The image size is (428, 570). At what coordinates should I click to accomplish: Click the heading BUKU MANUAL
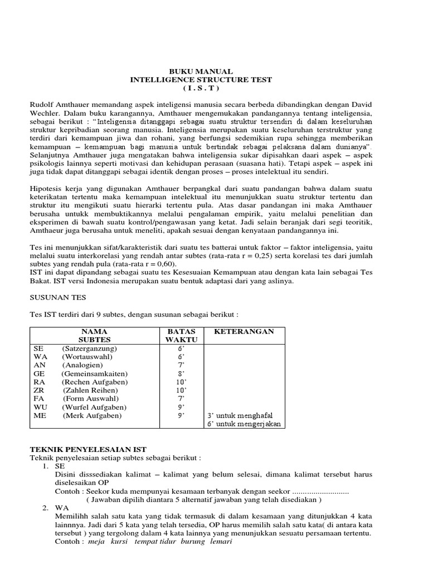pos(201,71)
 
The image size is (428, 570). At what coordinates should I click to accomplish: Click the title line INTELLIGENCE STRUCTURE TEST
pos(201,80)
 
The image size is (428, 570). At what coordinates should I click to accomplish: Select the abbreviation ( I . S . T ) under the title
pos(201,88)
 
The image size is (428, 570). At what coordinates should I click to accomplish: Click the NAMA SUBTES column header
pos(94,335)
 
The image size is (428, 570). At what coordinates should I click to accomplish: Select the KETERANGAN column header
pos(244,331)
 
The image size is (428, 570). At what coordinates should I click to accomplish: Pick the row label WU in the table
pos(40,407)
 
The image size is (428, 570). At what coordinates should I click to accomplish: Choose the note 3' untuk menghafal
pos(240,416)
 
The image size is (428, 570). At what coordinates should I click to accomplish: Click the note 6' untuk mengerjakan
pos(244,424)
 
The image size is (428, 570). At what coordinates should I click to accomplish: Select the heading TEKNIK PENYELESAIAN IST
pos(87,449)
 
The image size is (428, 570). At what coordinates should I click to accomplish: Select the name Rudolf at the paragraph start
pos(42,105)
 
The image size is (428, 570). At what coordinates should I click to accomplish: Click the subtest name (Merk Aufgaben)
pos(91,416)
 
